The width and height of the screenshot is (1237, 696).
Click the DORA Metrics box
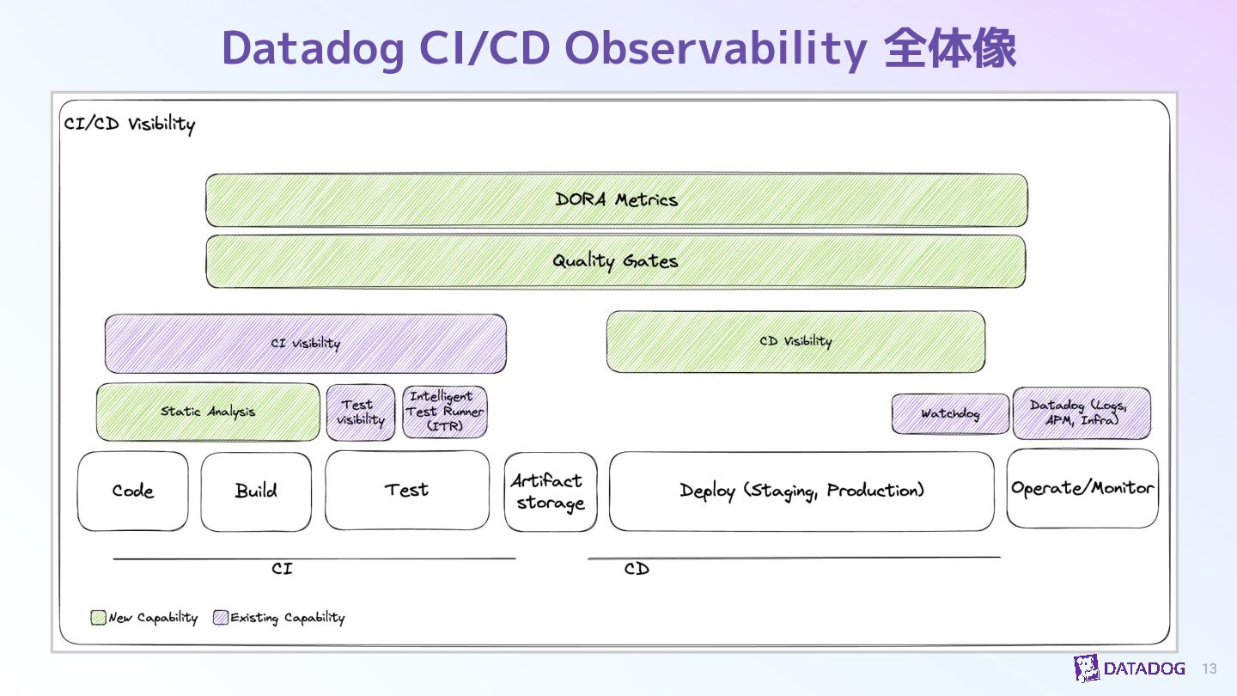(616, 200)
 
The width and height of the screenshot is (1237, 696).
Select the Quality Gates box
(615, 261)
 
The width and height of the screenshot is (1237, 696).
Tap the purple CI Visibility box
(305, 344)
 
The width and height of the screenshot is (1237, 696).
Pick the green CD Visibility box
(795, 342)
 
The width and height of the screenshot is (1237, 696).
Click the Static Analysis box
(208, 412)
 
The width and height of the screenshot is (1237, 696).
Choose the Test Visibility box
(360, 412)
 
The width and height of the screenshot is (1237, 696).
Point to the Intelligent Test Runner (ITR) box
(444, 412)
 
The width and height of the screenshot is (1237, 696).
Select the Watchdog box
(950, 414)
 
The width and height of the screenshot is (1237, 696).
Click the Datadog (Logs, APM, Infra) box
(1082, 413)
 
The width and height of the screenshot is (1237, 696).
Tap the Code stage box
(132, 491)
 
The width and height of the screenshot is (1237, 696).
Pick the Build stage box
(256, 491)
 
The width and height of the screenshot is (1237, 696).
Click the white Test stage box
(406, 491)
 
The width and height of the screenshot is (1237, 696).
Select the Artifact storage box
(550, 492)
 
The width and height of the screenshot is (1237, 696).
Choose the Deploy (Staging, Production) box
(801, 491)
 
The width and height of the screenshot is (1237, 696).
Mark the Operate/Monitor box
(1082, 488)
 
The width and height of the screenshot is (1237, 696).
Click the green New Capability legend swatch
(99, 618)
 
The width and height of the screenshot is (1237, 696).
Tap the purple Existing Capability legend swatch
(221, 618)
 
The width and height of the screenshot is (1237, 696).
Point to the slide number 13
(1210, 669)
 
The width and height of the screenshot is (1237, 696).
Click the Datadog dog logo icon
(1086, 669)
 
